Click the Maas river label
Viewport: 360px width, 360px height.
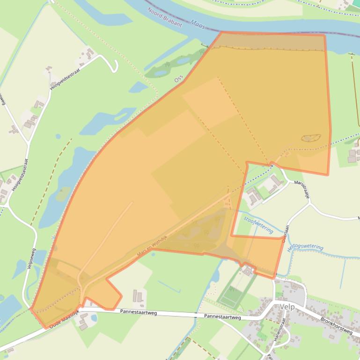tap(198, 22)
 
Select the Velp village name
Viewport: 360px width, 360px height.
tap(287, 306)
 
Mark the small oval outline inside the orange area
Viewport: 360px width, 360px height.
tap(311, 138)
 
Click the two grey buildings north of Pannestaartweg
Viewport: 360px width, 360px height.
tap(138, 296)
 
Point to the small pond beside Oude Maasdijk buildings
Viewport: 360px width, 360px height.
tap(94, 318)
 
